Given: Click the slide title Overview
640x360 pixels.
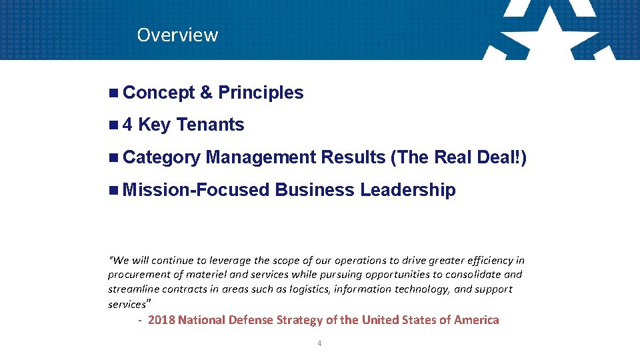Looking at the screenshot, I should coord(177,35).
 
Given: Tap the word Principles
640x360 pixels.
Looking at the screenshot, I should coord(261,93).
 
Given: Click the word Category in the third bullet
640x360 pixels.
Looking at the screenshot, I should coord(161,157).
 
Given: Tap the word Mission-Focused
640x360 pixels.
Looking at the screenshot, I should coord(196,190).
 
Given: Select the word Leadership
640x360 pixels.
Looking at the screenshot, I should coord(408,190).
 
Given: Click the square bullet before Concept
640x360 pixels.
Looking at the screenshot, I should coord(113,93).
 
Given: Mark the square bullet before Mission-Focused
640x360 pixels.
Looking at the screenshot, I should coord(113,190).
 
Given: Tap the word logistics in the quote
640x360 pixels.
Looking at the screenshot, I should coord(307,289).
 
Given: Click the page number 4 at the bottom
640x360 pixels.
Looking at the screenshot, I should coord(320,343).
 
